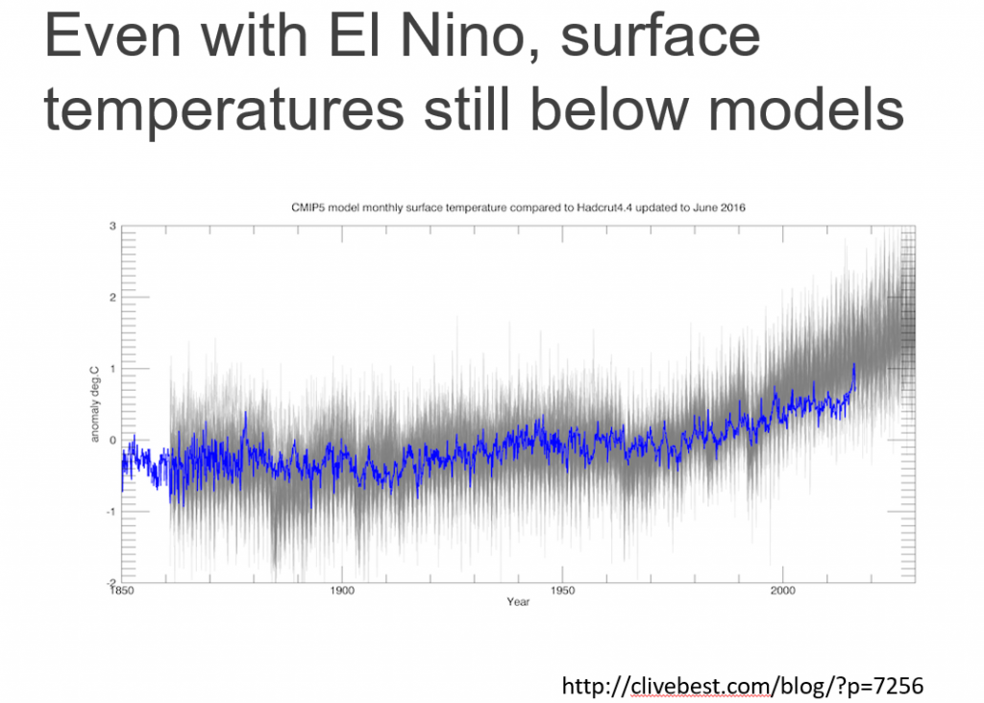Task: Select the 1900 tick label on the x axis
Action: click(x=342, y=590)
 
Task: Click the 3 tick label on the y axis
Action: click(x=112, y=226)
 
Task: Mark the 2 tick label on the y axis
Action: click(x=112, y=297)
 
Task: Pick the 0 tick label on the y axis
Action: click(x=112, y=440)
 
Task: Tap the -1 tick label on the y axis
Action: click(x=111, y=511)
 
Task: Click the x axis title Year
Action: click(x=518, y=602)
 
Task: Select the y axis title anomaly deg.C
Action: click(x=95, y=404)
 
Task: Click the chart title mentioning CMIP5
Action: click(x=519, y=206)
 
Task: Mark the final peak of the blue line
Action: click(x=853, y=365)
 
